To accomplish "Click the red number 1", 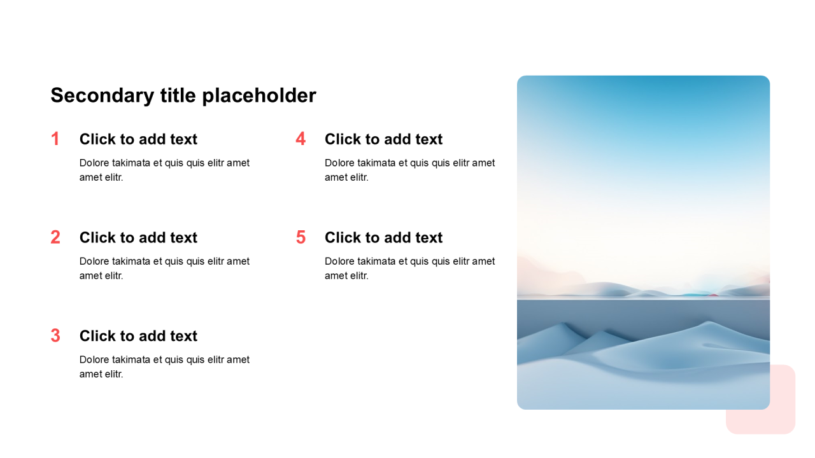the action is pyautogui.click(x=55, y=139).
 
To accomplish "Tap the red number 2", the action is pyautogui.click(x=55, y=237).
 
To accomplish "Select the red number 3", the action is pyautogui.click(x=55, y=336).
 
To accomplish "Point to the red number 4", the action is pyautogui.click(x=301, y=139).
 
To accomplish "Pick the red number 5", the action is pyautogui.click(x=301, y=237).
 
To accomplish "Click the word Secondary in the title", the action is pyautogui.click(x=103, y=96).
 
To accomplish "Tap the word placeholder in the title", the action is pyautogui.click(x=259, y=96).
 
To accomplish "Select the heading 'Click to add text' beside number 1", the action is pyautogui.click(x=138, y=139).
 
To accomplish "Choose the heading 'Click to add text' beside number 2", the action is pyautogui.click(x=138, y=238).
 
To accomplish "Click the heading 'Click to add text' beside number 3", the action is pyautogui.click(x=138, y=337).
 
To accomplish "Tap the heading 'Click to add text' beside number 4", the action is pyautogui.click(x=383, y=139).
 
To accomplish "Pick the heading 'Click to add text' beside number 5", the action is pyautogui.click(x=383, y=238).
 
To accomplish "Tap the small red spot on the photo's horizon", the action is pyautogui.click(x=714, y=295).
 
